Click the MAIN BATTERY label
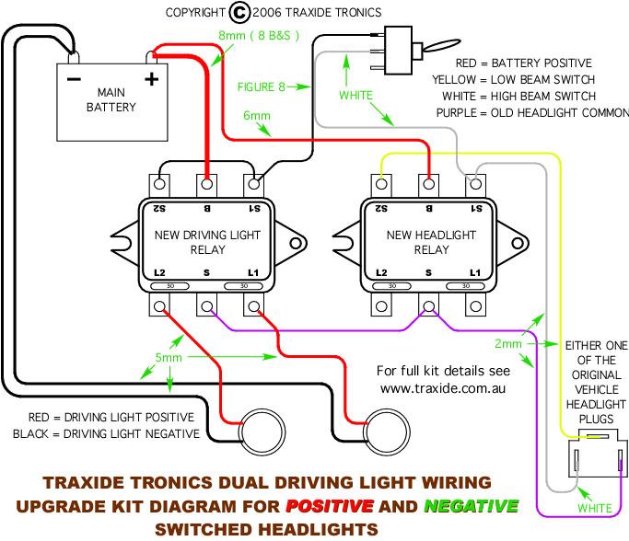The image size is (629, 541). click(x=112, y=99)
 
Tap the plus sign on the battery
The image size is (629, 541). click(x=151, y=78)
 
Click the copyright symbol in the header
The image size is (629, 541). click(x=239, y=12)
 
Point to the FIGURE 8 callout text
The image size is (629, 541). click(x=262, y=87)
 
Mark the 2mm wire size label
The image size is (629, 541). click(x=507, y=343)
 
